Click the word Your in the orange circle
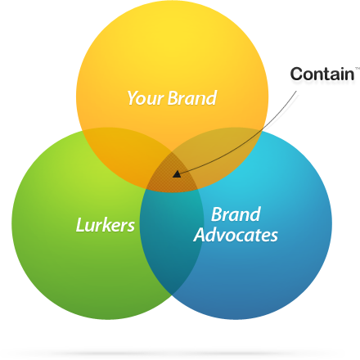tap(145, 99)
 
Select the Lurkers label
tap(105, 225)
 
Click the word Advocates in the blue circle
tap(236, 236)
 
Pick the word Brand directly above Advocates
tap(236, 215)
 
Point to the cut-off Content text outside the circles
tap(325, 74)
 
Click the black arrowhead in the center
tap(177, 173)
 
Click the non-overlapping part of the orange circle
tap(172, 57)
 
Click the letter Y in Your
tap(131, 99)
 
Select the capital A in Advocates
tap(200, 236)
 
